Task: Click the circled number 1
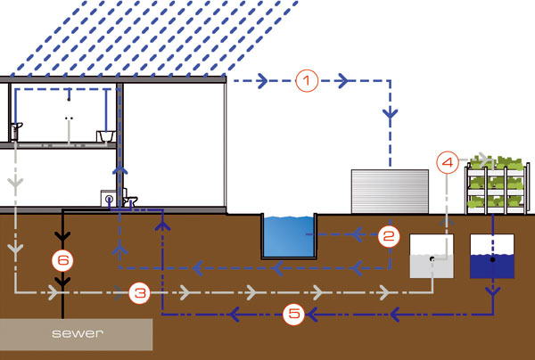(x=307, y=81)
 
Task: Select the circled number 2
(x=389, y=235)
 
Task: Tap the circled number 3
(x=140, y=293)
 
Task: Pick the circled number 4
(x=448, y=162)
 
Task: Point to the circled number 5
(x=293, y=314)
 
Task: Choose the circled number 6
(x=62, y=260)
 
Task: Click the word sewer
(x=78, y=333)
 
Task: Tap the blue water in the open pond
(x=288, y=236)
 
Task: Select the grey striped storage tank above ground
(x=390, y=192)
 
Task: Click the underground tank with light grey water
(x=432, y=256)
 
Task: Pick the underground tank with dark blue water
(x=492, y=256)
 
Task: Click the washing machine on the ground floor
(x=109, y=199)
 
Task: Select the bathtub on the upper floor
(x=105, y=136)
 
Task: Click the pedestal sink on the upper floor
(x=16, y=132)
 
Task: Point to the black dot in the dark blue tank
(x=492, y=260)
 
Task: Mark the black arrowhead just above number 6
(x=62, y=236)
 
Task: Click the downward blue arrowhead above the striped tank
(x=390, y=113)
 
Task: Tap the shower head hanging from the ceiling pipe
(x=69, y=99)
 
